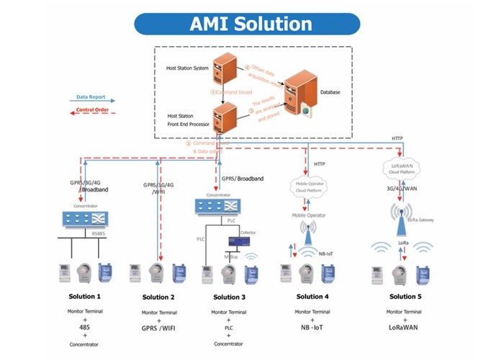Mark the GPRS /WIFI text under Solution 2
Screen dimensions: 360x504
coord(158,328)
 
